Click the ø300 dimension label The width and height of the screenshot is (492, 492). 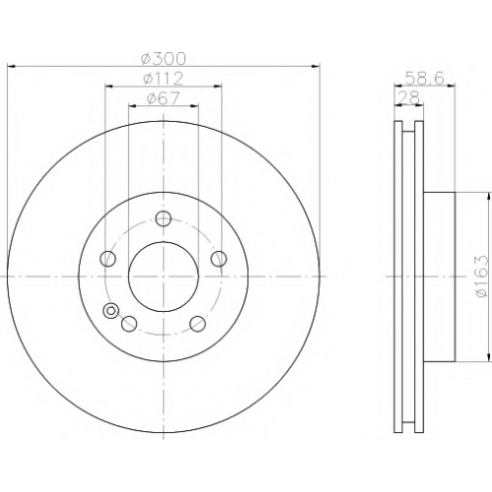pos(163,59)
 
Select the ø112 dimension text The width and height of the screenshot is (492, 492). pos(163,79)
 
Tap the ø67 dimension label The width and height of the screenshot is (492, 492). pos(163,98)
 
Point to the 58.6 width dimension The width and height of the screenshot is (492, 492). pos(424,79)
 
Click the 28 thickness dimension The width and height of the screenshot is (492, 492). pos(408,97)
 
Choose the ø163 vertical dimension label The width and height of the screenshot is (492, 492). pos(482,277)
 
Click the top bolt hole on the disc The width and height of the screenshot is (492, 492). pos(163,218)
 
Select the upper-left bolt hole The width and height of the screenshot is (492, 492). pos(107,259)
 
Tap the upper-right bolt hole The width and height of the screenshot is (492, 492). pos(218,259)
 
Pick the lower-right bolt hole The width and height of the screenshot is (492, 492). pos(198,324)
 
